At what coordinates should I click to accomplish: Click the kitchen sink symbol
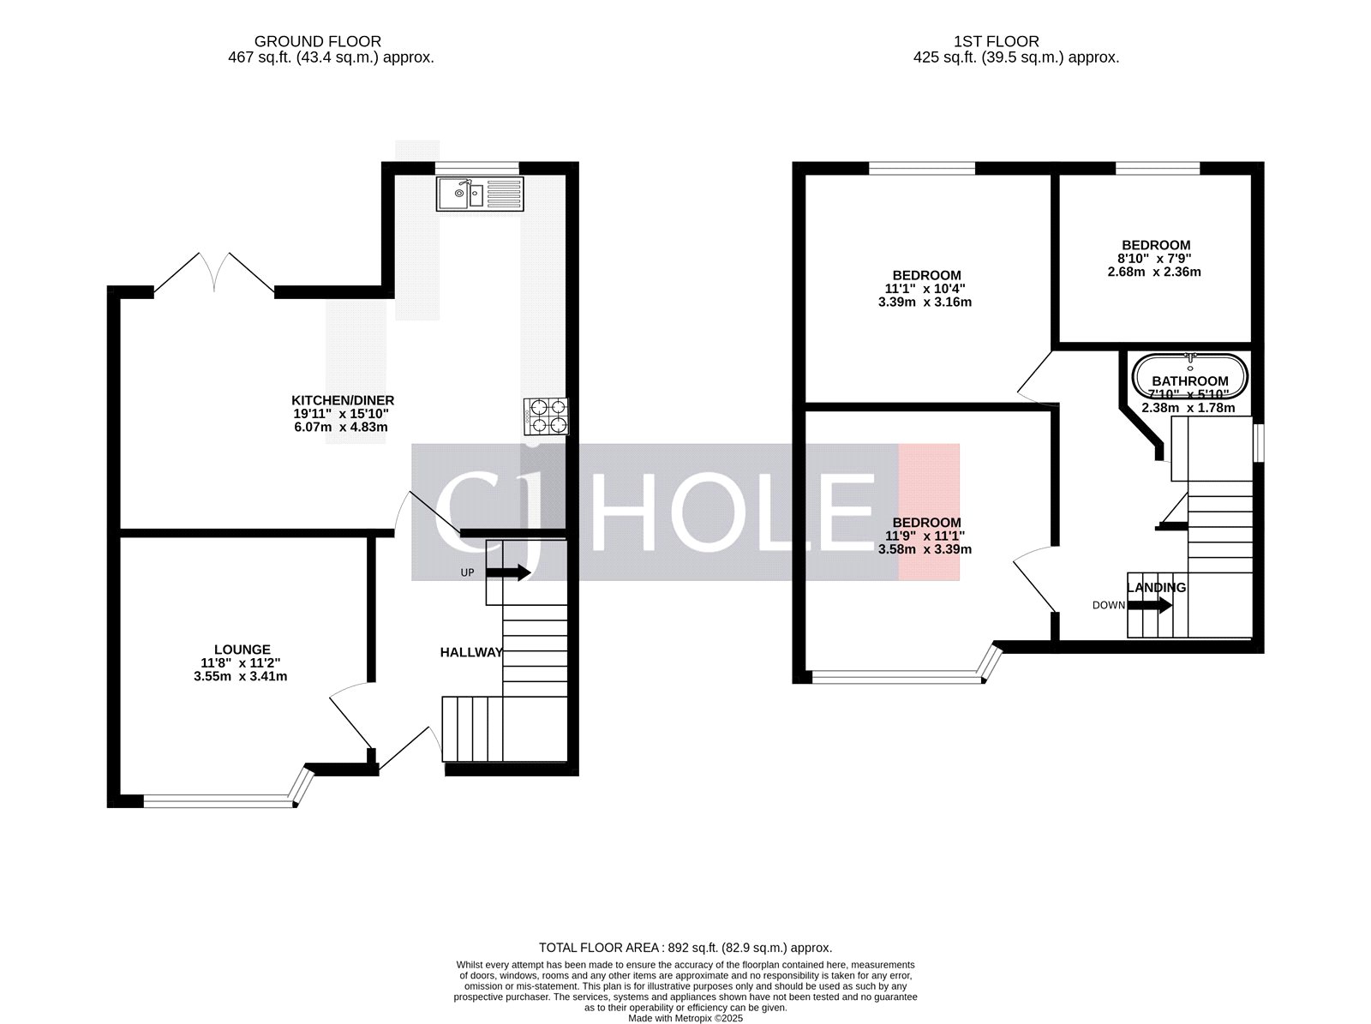click(x=479, y=194)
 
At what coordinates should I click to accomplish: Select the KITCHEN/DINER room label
click(x=343, y=400)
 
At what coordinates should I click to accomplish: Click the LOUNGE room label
click(x=242, y=650)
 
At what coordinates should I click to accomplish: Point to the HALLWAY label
click(x=471, y=652)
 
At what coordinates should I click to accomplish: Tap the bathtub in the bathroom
click(x=1189, y=377)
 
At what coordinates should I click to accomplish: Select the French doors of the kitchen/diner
click(x=214, y=272)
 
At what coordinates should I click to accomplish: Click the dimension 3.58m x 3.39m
click(x=925, y=549)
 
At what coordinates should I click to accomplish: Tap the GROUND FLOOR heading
click(x=318, y=41)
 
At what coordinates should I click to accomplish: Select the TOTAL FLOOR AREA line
click(x=685, y=948)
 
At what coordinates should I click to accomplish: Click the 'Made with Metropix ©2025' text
click(x=685, y=1019)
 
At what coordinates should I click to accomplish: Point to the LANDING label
click(x=1156, y=588)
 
